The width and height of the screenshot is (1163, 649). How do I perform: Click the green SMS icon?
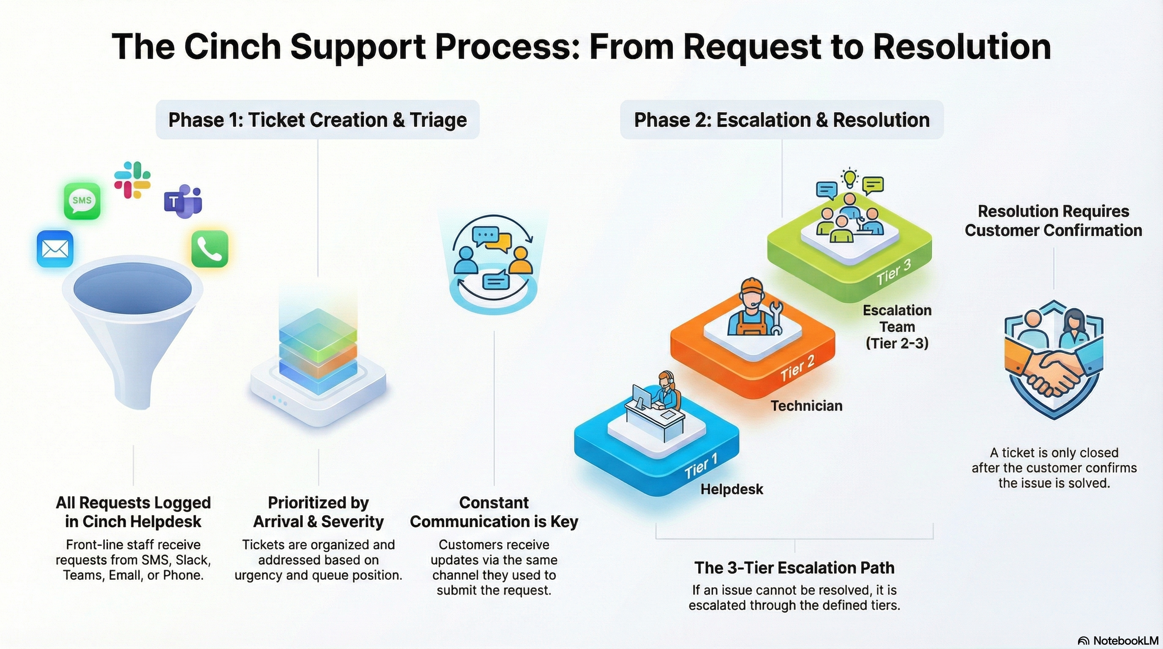(82, 201)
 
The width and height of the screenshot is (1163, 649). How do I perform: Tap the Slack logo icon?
(132, 180)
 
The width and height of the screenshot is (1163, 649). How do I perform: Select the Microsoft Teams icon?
(183, 201)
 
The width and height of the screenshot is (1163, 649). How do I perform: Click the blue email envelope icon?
(55, 249)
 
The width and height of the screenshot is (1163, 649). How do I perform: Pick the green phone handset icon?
(210, 249)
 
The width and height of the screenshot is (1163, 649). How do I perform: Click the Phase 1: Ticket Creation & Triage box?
(317, 120)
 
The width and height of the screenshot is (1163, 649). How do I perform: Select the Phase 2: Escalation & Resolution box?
(781, 120)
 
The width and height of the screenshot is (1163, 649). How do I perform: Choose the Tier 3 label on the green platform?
(894, 273)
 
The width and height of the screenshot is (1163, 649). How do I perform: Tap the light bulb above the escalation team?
(850, 177)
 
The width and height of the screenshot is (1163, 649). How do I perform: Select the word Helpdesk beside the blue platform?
(732, 489)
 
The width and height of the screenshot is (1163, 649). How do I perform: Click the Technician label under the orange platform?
(806, 406)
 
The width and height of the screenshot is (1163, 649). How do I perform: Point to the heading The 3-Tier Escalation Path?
(794, 568)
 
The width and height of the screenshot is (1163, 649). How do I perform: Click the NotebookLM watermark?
(1118, 641)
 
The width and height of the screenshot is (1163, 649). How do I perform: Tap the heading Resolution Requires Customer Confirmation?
(1053, 221)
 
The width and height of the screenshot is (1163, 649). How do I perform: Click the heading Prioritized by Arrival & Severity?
(318, 512)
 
